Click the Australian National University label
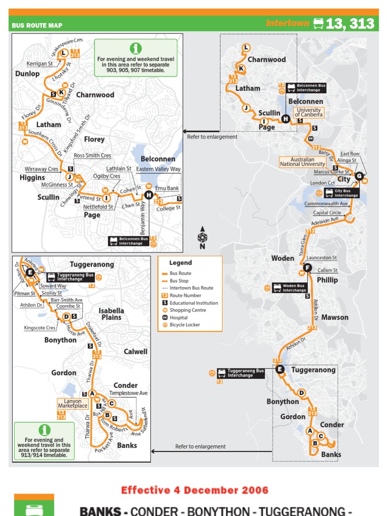[302, 162]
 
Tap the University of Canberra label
[309, 112]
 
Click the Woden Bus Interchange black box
[291, 288]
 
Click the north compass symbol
[202, 237]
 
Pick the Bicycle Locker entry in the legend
[184, 325]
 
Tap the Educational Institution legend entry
[193, 303]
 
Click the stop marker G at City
[359, 176]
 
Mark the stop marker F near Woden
[308, 268]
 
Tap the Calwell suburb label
[136, 351]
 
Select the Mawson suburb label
[335, 317]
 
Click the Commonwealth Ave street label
[326, 204]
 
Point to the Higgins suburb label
[32, 178]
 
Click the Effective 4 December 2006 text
[195, 490]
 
